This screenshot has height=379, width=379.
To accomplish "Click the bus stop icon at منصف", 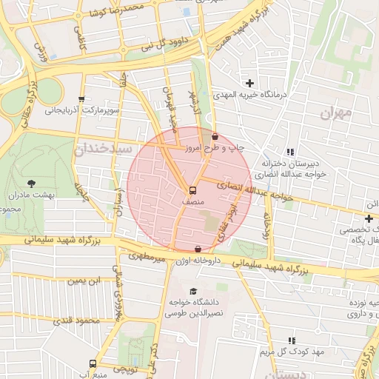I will click(192, 189).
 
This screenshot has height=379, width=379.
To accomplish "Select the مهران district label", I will click(338, 114).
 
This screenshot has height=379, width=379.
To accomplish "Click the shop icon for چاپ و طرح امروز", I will click(215, 136).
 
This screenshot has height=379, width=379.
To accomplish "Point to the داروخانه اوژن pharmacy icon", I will click(197, 249).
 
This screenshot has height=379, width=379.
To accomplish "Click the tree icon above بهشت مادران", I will click(30, 183).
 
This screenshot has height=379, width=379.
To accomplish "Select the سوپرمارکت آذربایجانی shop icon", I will click(81, 99).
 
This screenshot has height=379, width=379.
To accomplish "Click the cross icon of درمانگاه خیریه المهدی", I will click(249, 83).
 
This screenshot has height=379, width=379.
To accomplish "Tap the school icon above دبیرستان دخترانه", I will click(290, 152).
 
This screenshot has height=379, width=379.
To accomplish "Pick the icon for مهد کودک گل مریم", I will click(290, 340).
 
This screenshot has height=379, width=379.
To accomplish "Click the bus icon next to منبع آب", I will click(93, 363).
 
